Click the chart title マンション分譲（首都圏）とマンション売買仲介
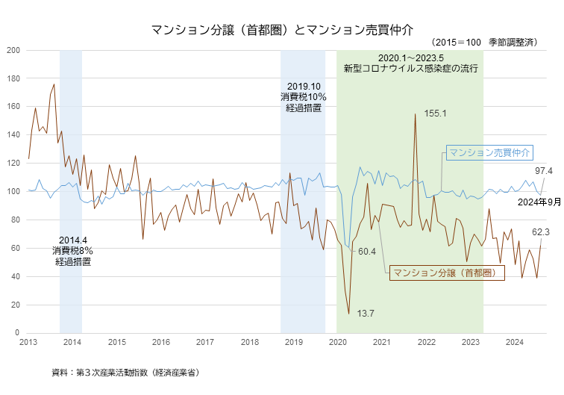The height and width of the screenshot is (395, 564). pyautogui.click(x=281, y=30)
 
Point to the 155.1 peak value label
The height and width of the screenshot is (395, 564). pyautogui.click(x=435, y=113)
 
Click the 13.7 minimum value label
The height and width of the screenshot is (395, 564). pyautogui.click(x=366, y=313)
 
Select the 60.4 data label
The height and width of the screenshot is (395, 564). pyautogui.click(x=367, y=252)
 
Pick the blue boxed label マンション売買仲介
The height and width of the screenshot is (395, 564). pyautogui.click(x=489, y=152)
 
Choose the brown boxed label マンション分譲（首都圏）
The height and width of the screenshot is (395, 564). pyautogui.click(x=446, y=273)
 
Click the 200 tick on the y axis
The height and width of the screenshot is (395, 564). pyautogui.click(x=14, y=50)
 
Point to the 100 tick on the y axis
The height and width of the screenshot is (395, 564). pyautogui.click(x=14, y=191)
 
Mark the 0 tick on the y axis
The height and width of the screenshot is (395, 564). pyautogui.click(x=18, y=332)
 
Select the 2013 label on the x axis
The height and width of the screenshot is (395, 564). pyautogui.click(x=28, y=342)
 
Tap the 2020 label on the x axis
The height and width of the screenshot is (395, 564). pyautogui.click(x=338, y=342)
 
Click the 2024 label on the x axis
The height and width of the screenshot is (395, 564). pyautogui.click(x=515, y=342)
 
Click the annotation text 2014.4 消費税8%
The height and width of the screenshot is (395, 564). pyautogui.click(x=72, y=244)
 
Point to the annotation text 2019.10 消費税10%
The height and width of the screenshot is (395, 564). pyautogui.click(x=304, y=97)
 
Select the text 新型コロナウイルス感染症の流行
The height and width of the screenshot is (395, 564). pyautogui.click(x=410, y=69)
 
